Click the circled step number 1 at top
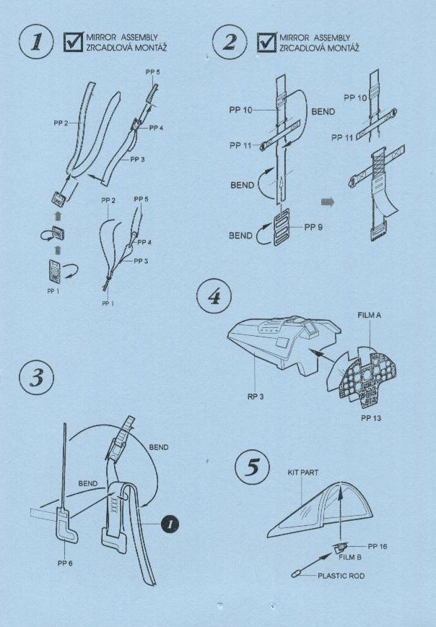(36, 42)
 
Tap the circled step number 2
(230, 42)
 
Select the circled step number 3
(36, 378)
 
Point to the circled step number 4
(214, 296)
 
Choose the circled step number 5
(252, 467)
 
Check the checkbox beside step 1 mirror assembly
(73, 42)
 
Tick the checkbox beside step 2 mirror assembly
(266, 42)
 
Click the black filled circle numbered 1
(170, 524)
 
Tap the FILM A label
(370, 315)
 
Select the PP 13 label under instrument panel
(371, 418)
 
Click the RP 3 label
(255, 397)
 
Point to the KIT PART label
(303, 472)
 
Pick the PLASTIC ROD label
(341, 576)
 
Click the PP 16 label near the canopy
(378, 546)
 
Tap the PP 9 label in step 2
(313, 227)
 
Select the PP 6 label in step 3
(65, 563)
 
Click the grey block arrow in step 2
(327, 202)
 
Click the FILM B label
(349, 557)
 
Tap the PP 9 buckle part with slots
(282, 230)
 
